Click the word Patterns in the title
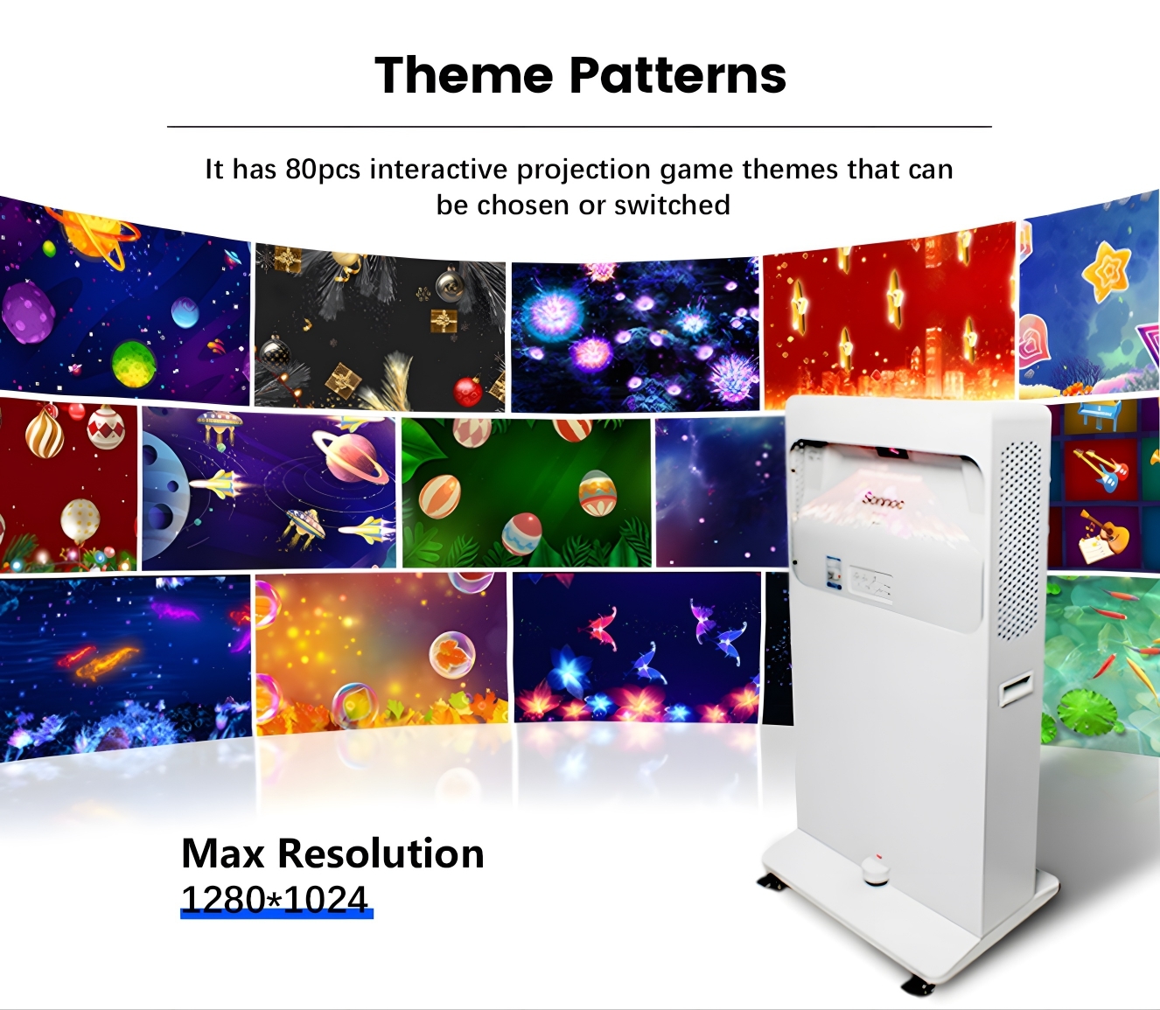pos(678,75)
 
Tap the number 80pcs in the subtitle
pos(323,169)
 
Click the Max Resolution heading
pos(332,853)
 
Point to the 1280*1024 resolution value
pos(275,899)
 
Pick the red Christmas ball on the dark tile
pos(467,391)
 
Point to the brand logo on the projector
pos(884,501)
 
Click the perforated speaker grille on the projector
pos(1019,538)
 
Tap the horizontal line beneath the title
pos(579,127)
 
